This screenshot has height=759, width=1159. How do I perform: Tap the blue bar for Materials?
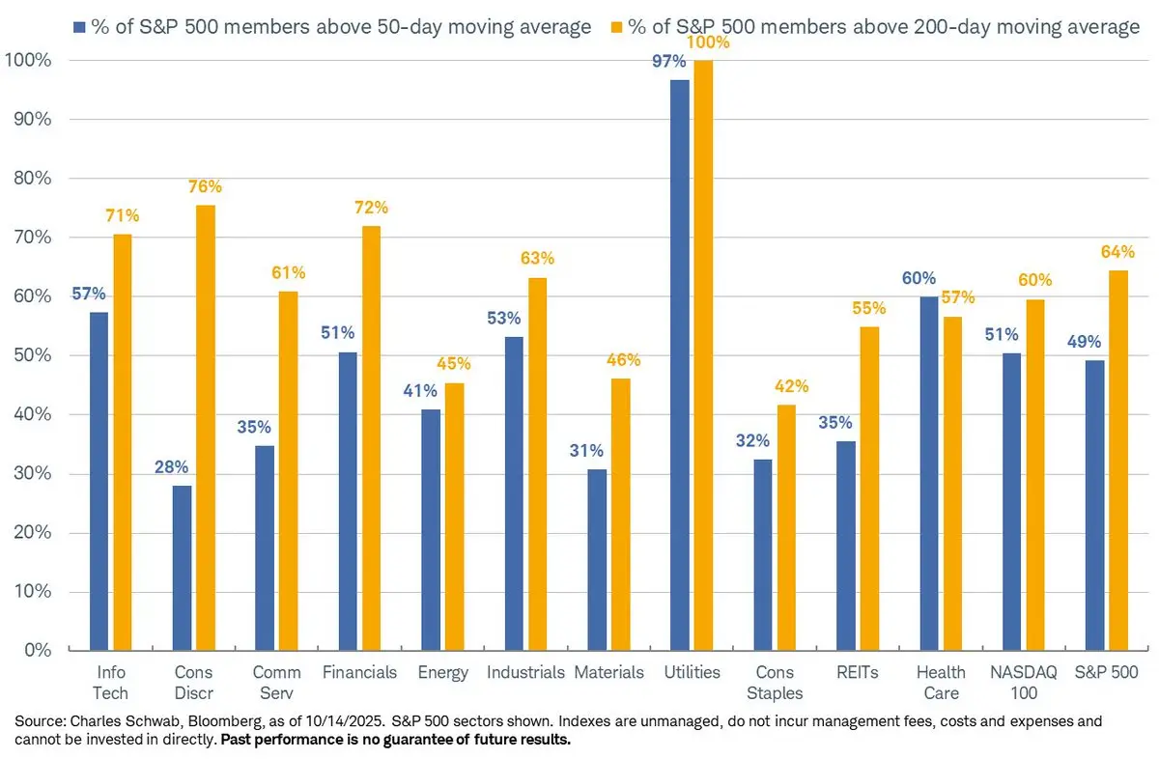598,559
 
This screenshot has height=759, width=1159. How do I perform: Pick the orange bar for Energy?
454,516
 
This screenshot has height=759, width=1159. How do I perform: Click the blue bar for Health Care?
929,473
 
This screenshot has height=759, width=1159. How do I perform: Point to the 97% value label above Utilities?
668,62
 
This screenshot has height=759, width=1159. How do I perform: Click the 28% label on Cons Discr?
173,467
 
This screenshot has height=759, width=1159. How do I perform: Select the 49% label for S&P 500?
1084,342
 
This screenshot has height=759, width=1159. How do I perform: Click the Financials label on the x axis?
358,672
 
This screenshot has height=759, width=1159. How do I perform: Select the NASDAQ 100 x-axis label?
1022,682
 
